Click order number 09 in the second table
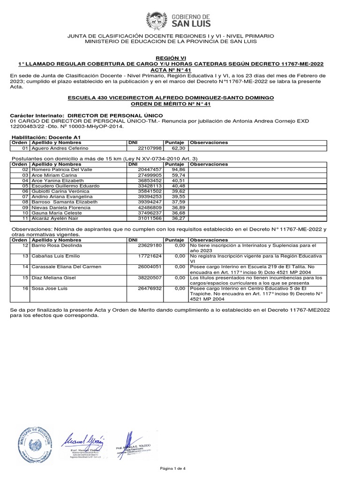[x=19, y=207]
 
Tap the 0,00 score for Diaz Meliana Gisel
[x=178, y=277]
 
